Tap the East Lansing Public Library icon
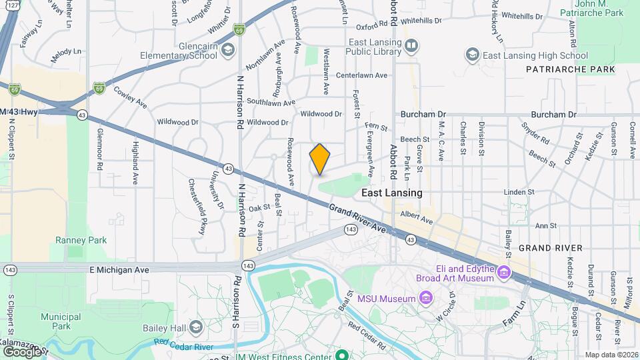point(412,45)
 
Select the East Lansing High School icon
point(473,55)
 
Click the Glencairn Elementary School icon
point(227,49)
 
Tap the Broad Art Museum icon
point(503,272)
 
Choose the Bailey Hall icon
point(195,326)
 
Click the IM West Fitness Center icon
point(341,355)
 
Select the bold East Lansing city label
point(391,193)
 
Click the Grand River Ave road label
point(358,219)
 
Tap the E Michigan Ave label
point(79,269)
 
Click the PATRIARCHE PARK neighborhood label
point(561,69)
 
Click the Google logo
point(22,351)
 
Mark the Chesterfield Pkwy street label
point(197,207)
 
